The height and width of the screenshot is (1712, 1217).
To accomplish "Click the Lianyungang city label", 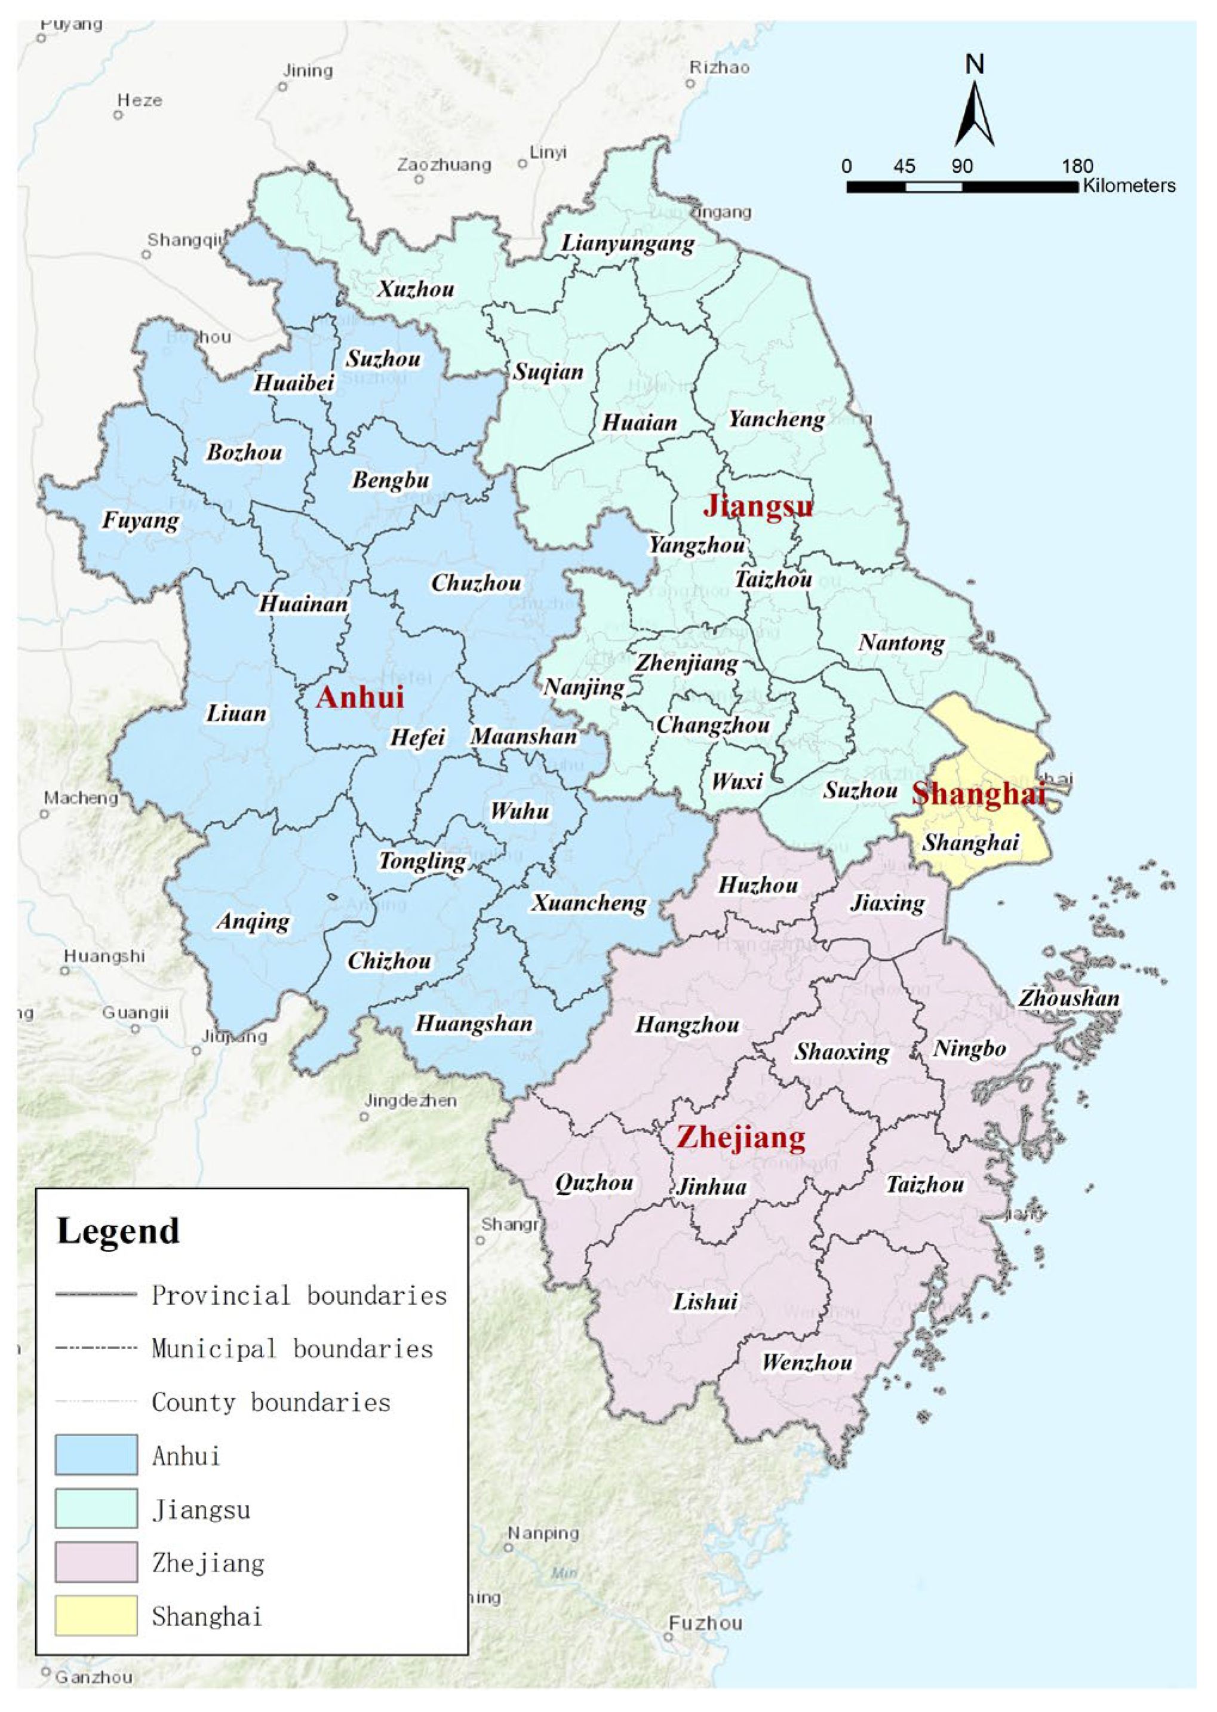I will pos(628,244).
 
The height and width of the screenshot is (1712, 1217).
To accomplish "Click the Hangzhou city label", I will pos(687,1024).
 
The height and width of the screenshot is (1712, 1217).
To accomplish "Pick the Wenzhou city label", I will pos(807,1362).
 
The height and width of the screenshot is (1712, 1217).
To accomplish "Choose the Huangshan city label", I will pos(474,1023).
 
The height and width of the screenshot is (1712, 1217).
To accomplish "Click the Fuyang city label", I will pos(141,520).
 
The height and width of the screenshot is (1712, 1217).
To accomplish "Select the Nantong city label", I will pos(902,643).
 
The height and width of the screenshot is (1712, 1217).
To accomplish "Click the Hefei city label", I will pos(417,738).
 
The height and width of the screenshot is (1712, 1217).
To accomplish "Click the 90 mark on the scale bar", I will pos(962,167).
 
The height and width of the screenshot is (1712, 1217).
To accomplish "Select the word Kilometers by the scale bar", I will pos(1129,186).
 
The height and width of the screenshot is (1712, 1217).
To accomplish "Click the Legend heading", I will pos(118,1231).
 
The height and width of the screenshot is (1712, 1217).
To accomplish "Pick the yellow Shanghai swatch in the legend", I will pos(96,1616).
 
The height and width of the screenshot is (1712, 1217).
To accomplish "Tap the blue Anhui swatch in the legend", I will pos(96,1456).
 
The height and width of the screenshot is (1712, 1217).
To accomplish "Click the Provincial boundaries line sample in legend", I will pos(96,1295).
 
